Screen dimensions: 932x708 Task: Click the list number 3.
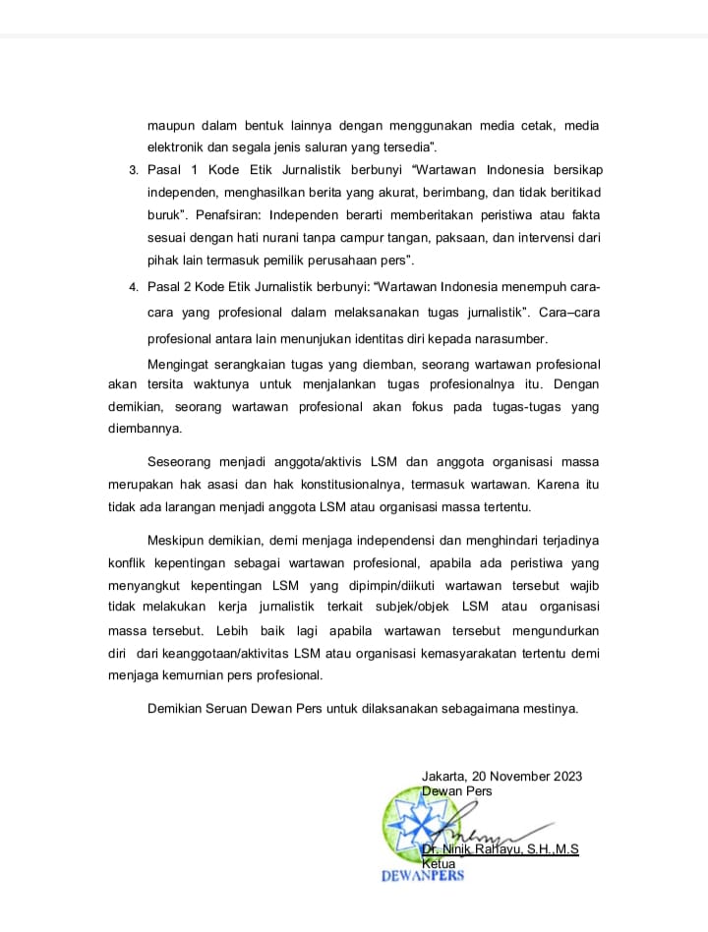click(134, 171)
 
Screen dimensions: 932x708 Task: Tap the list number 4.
click(134, 286)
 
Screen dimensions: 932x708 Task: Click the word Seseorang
click(181, 462)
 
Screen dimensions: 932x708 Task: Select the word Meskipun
click(176, 542)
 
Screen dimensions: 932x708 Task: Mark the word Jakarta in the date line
click(445, 776)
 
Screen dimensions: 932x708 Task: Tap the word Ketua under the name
click(439, 863)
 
